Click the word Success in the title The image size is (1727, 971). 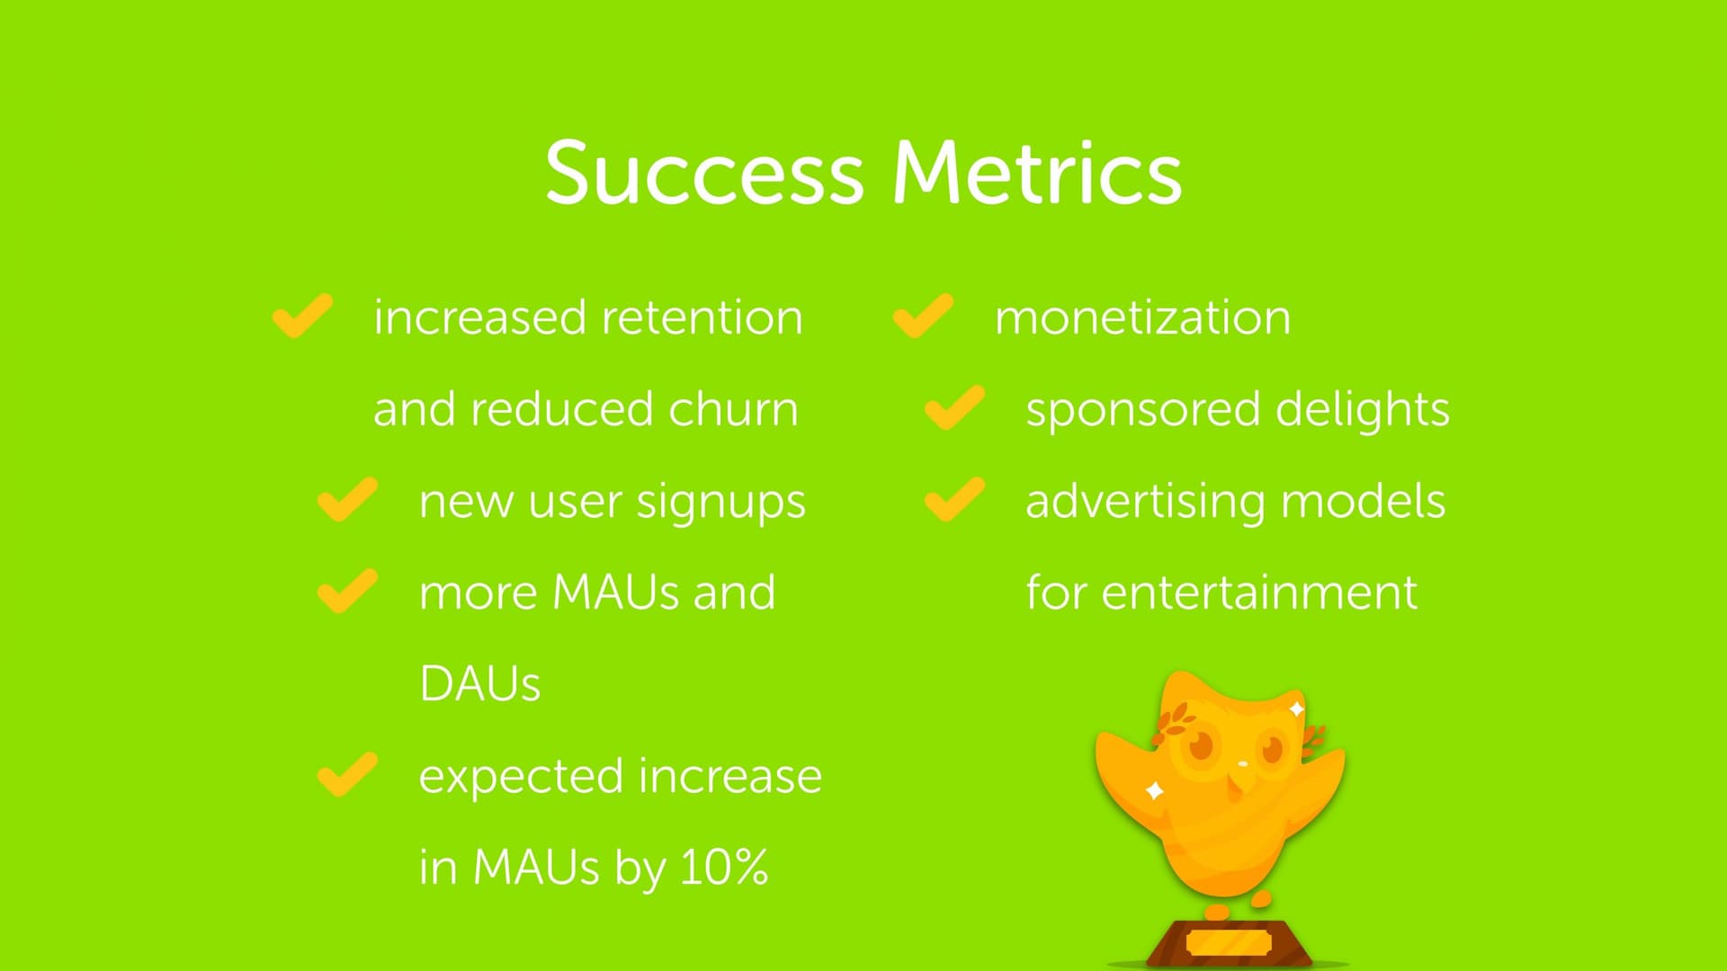tap(704, 172)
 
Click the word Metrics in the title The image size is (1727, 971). tap(1037, 172)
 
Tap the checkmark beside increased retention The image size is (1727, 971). tap(302, 316)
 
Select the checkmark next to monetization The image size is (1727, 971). tap(923, 316)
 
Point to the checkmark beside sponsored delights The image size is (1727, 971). tap(954, 407)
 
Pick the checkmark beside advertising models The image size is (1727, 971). tap(954, 499)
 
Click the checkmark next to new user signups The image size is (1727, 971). tap(347, 499)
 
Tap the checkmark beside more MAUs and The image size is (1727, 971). tap(347, 591)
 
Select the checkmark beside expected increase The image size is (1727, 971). tap(347, 774)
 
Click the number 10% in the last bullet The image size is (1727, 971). tap(724, 867)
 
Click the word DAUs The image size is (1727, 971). tap(479, 684)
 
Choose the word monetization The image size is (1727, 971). tap(1142, 317)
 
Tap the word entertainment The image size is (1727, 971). tap(1259, 592)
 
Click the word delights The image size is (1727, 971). tap(1363, 410)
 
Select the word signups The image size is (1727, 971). tap(721, 502)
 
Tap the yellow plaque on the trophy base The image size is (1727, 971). tap(1229, 943)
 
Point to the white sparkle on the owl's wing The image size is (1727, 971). tap(1155, 791)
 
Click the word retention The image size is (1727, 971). tap(702, 317)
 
